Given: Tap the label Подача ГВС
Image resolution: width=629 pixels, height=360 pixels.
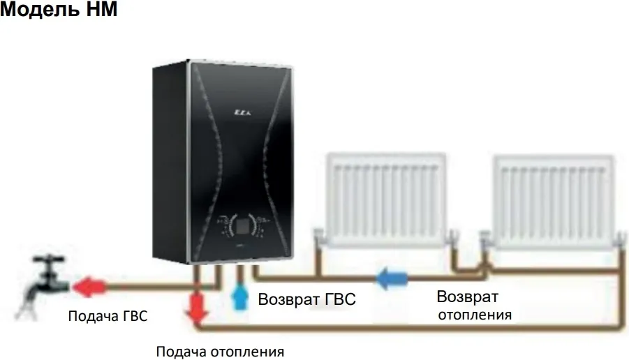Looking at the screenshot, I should click(x=108, y=316).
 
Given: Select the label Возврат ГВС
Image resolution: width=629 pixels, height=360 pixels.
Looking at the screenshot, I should click(x=307, y=300).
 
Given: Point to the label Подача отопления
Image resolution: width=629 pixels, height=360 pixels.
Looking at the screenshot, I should click(x=221, y=350).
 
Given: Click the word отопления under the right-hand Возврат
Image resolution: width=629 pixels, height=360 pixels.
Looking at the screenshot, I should click(x=475, y=315).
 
